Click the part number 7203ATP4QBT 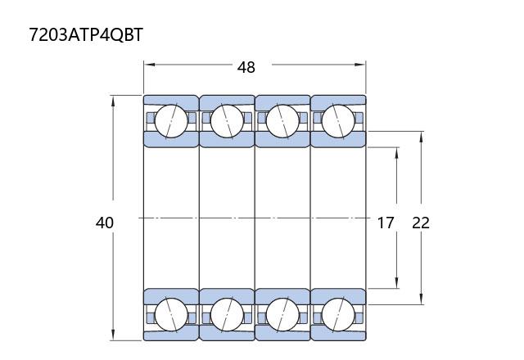coord(86,34)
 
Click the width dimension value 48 coord(246,67)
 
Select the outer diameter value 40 coord(105,223)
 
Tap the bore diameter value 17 coord(386,223)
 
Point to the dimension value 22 coord(421,223)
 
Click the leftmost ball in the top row coord(171,121)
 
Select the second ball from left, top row coord(227,121)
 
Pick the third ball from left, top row coord(282,121)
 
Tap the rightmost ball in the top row coord(338,121)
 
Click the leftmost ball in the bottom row coord(171,315)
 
